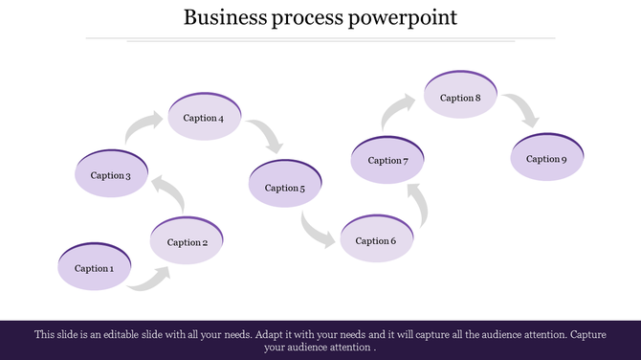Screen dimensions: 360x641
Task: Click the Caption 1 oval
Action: tap(94, 268)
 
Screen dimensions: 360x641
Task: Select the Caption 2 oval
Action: tap(188, 242)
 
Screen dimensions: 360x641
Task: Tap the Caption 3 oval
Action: tap(111, 175)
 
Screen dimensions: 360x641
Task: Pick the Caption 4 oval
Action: tap(204, 118)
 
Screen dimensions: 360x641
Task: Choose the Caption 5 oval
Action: tap(284, 188)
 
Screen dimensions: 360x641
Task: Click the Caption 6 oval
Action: tap(376, 240)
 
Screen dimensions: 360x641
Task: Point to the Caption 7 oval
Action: tap(388, 160)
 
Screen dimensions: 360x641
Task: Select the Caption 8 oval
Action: tap(460, 98)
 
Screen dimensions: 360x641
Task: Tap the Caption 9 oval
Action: tap(546, 158)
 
